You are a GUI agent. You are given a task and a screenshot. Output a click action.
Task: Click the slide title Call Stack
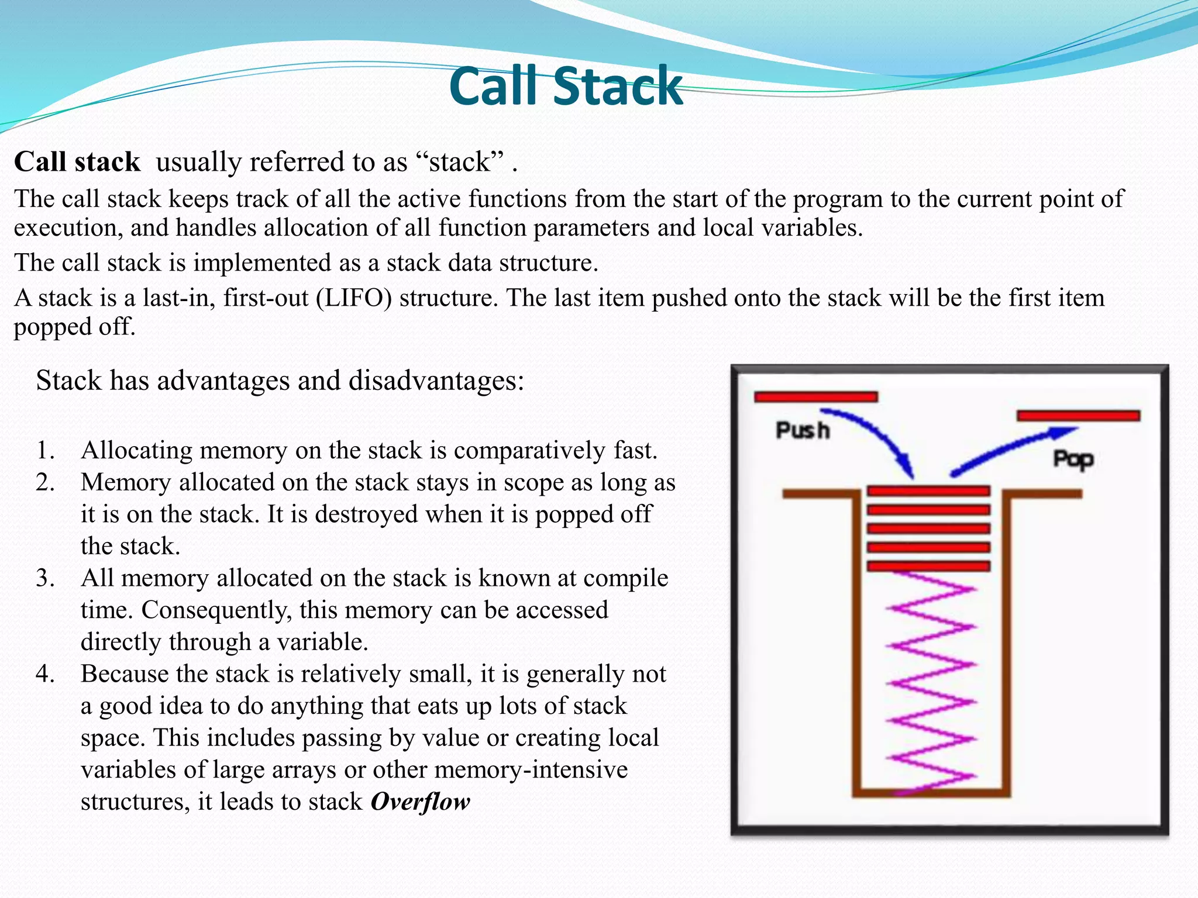click(x=566, y=87)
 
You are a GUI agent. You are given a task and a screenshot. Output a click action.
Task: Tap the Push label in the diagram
click(x=802, y=431)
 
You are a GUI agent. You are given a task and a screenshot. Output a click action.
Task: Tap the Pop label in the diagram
click(x=1073, y=459)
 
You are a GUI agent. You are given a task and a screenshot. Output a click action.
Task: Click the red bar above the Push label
click(x=816, y=397)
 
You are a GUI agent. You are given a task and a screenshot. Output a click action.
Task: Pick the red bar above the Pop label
click(x=1078, y=416)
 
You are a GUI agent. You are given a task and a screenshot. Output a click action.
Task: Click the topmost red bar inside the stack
click(x=928, y=491)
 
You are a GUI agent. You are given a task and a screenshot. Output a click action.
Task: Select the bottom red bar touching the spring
click(x=928, y=566)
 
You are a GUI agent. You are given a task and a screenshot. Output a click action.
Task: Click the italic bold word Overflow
click(x=420, y=802)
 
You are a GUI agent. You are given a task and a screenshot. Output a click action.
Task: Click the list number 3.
click(x=44, y=578)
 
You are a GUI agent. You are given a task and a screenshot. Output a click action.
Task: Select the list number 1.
click(x=44, y=451)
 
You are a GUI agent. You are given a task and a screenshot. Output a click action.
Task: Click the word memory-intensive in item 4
click(x=531, y=770)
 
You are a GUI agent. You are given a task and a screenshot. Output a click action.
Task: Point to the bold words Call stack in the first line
click(x=77, y=162)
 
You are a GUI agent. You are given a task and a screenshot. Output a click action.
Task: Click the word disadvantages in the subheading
click(x=436, y=381)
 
